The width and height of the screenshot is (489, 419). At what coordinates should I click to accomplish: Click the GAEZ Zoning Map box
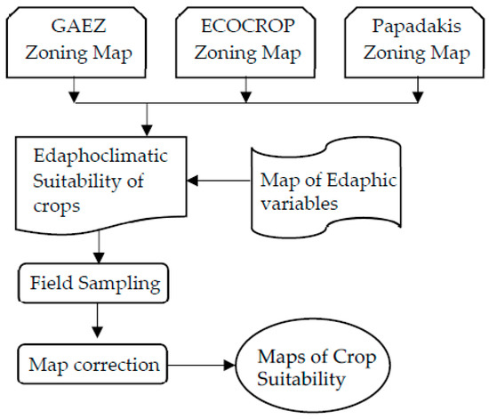pos(80,40)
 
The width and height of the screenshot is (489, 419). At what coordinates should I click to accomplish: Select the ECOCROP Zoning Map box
pos(244,40)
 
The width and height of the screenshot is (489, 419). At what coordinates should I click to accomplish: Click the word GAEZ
pos(80,27)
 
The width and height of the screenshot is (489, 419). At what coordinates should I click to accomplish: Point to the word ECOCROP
pos(245,27)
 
